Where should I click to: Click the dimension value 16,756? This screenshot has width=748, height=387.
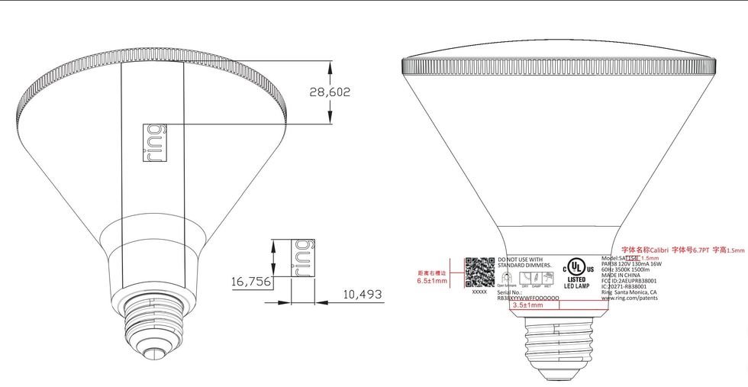(250, 282)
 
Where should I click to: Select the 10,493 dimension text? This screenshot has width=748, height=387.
(361, 294)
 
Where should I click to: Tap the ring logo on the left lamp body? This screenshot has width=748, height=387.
(153, 141)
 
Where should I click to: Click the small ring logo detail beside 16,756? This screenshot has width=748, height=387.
(304, 258)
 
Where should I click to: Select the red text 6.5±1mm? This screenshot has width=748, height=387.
(432, 281)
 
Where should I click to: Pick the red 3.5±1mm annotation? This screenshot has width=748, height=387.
(527, 305)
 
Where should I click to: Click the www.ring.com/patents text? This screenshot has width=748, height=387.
(631, 298)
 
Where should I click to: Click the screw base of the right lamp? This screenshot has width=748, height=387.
(559, 340)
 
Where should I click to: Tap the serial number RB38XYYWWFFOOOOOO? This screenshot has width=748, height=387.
(528, 298)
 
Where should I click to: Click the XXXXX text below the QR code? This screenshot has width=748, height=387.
(479, 292)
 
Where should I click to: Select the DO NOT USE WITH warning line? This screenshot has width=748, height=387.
(521, 260)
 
